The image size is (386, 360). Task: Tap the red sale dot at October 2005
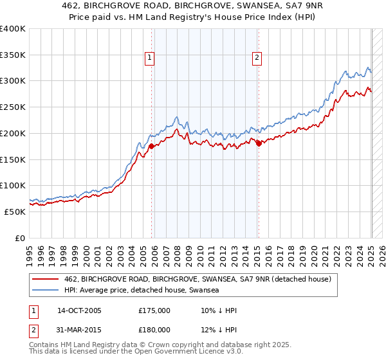click(x=152, y=146)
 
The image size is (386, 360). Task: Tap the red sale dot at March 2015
click(x=259, y=143)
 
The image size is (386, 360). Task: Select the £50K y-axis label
click(x=15, y=212)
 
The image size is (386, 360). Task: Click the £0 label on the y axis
click(x=19, y=238)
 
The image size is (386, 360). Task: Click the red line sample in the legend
click(x=45, y=279)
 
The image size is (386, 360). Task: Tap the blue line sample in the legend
click(x=45, y=291)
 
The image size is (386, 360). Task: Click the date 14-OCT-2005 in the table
click(x=79, y=310)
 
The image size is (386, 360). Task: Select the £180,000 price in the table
click(x=154, y=330)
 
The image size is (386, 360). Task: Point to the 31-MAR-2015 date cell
click(x=79, y=330)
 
